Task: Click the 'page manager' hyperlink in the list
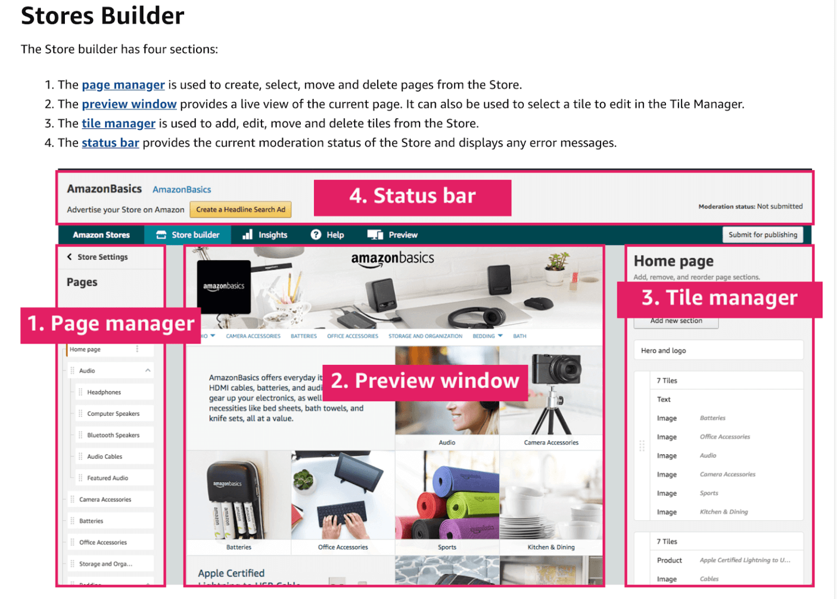[x=123, y=85]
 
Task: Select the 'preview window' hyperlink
[x=129, y=104]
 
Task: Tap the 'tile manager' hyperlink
[x=118, y=124]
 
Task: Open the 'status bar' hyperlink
[x=111, y=143]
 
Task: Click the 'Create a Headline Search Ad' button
[x=240, y=209]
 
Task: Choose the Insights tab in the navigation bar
[x=265, y=235]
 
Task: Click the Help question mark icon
[x=316, y=235]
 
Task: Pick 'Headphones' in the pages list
[x=104, y=392]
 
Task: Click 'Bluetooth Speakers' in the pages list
[x=113, y=435]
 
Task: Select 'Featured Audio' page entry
[x=107, y=478]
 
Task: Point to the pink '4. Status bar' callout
[x=413, y=196]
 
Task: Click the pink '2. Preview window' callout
[x=425, y=381]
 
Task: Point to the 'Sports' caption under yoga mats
[x=447, y=547]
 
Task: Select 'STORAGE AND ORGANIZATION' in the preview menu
[x=425, y=337]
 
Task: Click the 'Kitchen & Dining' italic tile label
[x=724, y=512]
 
